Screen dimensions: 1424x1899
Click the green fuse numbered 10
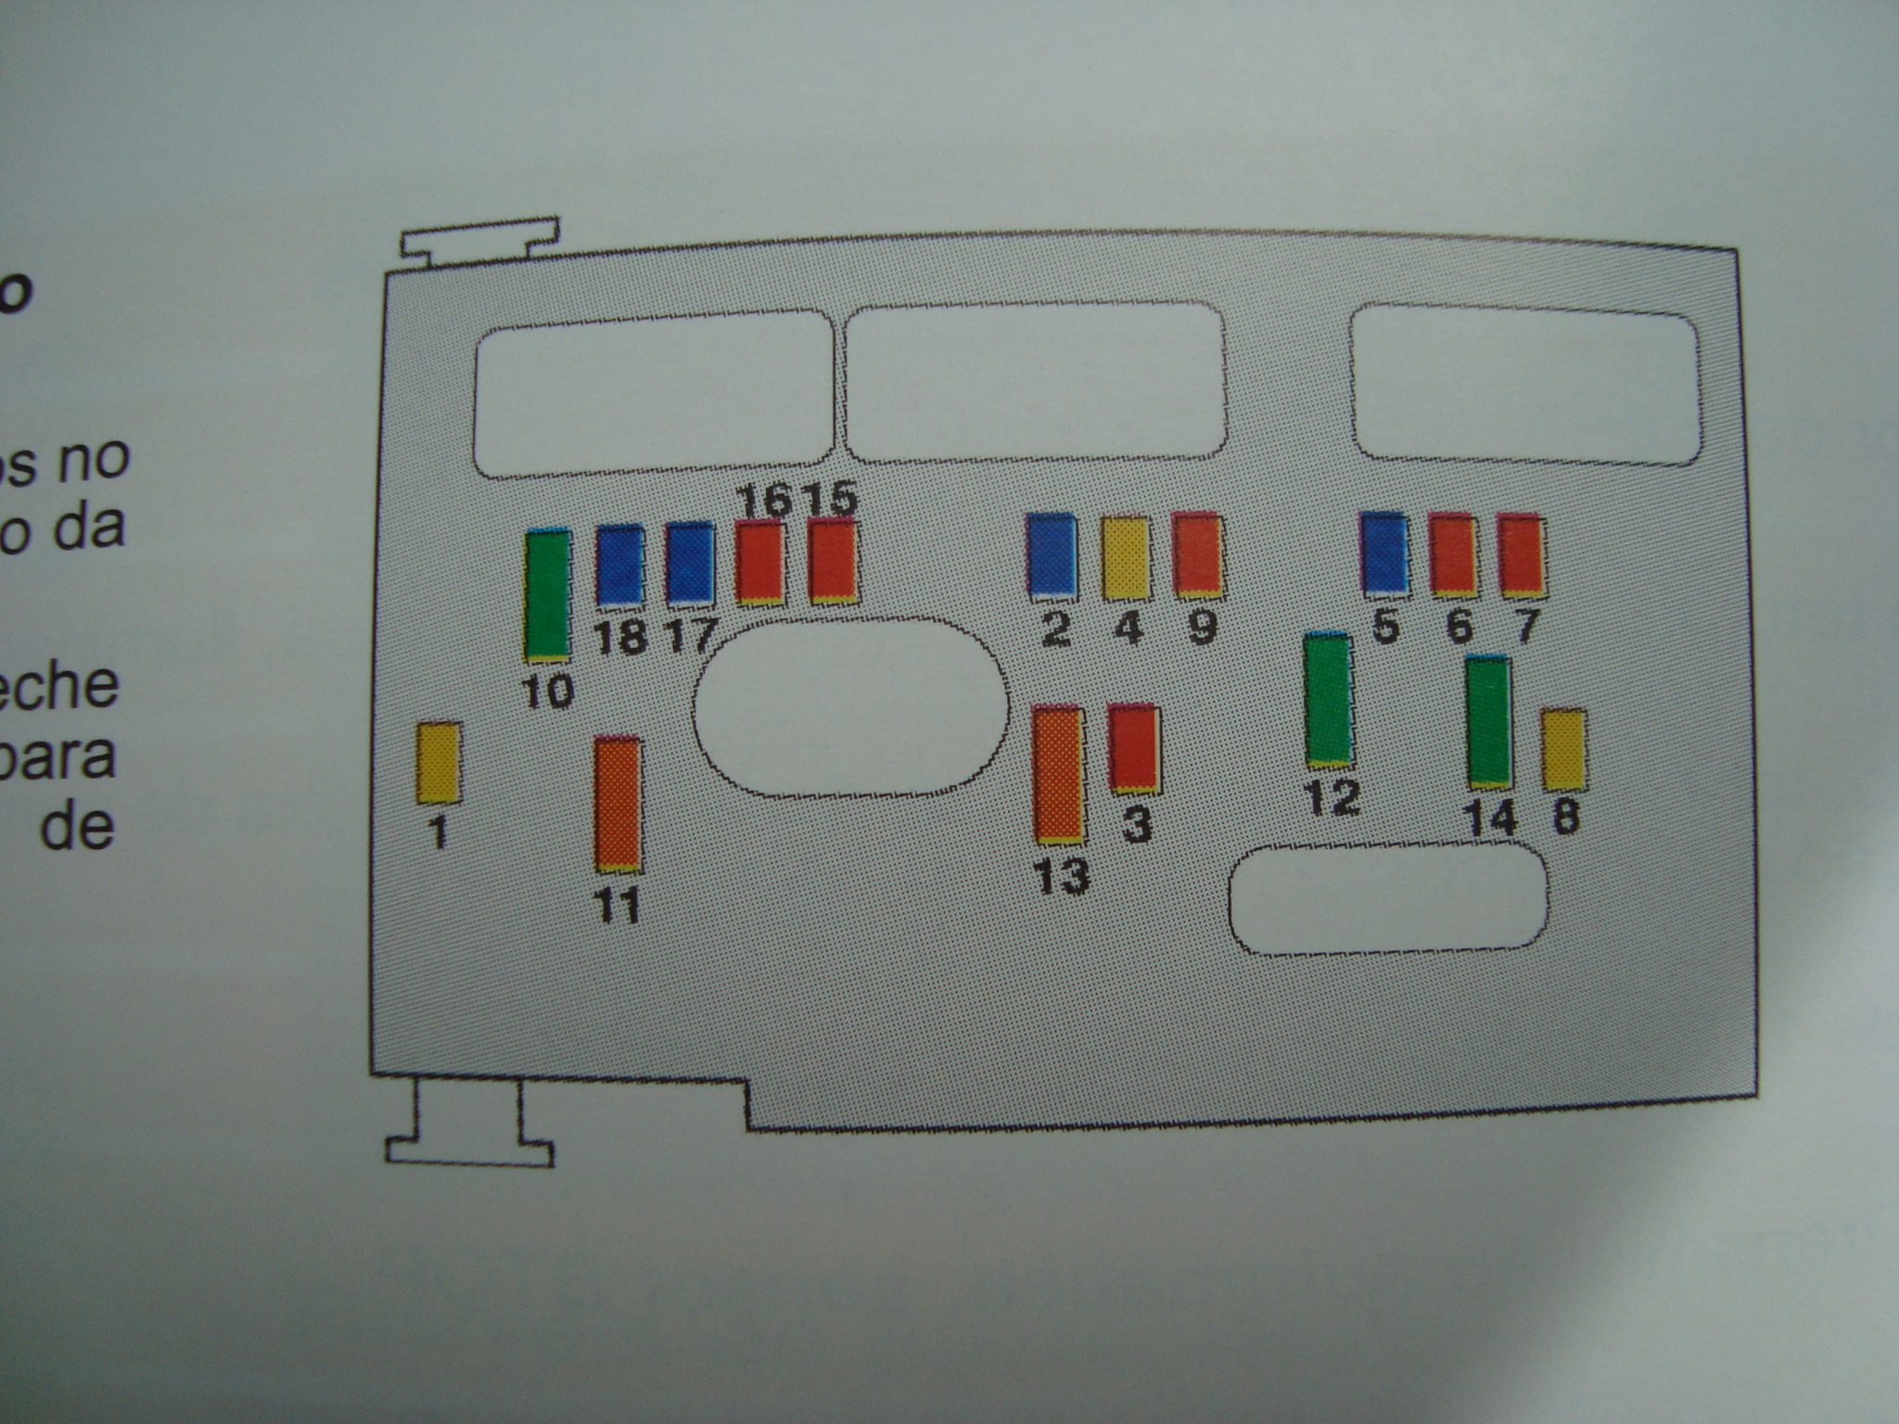[x=548, y=595]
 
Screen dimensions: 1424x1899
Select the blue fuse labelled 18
[x=619, y=565]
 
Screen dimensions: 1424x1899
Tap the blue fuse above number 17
[x=690, y=562]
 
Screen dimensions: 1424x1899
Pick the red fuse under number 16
[x=760, y=562]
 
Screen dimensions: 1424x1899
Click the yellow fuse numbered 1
[x=438, y=761]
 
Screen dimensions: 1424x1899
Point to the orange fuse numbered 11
[x=618, y=804]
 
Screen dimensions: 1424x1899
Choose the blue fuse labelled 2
[x=1051, y=554]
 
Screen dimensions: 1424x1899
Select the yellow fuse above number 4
[x=1126, y=557]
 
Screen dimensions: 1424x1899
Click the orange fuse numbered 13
[x=1059, y=774]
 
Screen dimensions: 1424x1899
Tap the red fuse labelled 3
[x=1133, y=747]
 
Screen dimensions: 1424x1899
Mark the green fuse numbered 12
[x=1328, y=700]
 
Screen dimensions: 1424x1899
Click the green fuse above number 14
[x=1489, y=721]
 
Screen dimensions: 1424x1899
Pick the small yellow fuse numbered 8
[x=1563, y=749]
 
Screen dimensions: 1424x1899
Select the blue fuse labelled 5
[x=1384, y=553]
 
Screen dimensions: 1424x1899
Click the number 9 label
[x=1201, y=628]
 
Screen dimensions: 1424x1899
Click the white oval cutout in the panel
[x=850, y=706]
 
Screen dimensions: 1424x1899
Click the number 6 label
[x=1459, y=626]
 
